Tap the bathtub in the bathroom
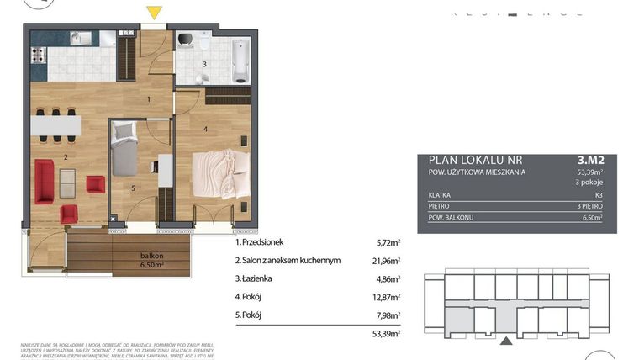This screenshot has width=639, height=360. pos(240,58)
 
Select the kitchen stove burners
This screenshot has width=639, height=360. pos(38,56)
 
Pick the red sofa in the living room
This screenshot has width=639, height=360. pos(45,181)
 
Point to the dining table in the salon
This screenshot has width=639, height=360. pos(56,125)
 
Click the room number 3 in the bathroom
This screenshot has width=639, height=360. pos(204,64)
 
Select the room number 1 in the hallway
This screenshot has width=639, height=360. pos(148,100)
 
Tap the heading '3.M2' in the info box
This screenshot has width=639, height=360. pos(591,158)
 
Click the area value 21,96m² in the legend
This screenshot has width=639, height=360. pos(387,261)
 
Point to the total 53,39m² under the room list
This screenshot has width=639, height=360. pos(387,334)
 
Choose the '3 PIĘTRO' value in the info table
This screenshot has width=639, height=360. pos(590,204)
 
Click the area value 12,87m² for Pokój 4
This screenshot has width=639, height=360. pos(387,297)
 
